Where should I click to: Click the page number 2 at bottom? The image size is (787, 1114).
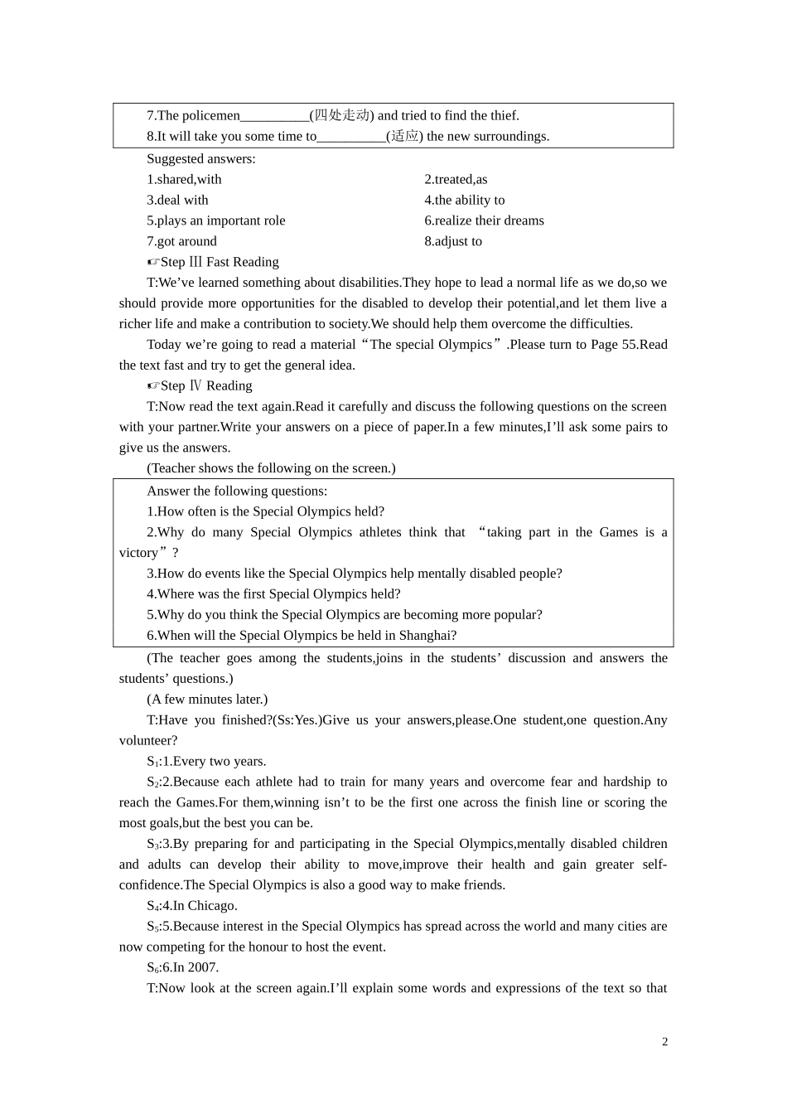coord(664,1042)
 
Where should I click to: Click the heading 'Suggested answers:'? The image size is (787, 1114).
coord(201,158)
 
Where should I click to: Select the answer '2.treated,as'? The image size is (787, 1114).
coord(456,179)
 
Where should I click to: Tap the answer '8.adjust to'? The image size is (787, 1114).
coord(453,241)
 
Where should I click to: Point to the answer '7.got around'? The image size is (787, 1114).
coord(181,241)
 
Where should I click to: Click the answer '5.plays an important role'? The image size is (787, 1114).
coord(216,220)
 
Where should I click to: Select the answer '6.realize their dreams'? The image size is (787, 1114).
coord(485,220)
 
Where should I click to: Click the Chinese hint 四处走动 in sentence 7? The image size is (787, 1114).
coord(341,115)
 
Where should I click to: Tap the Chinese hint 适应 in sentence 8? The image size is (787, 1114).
coord(404,136)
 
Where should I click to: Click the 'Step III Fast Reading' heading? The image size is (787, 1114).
coord(213,262)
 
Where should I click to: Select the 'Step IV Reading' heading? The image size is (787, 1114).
coord(200,385)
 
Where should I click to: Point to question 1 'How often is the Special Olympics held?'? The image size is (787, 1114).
coord(266,511)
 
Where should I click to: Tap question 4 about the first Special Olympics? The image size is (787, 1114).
coord(274,593)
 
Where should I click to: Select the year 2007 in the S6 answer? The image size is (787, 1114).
coord(202,967)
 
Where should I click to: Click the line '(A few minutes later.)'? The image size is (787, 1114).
coord(207,699)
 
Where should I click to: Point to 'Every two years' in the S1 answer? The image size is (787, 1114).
coord(218,761)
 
